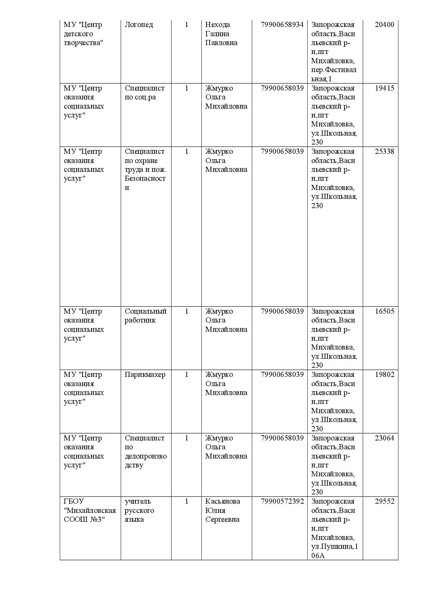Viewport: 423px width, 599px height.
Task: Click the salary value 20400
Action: click(384, 25)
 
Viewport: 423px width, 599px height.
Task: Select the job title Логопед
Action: click(139, 25)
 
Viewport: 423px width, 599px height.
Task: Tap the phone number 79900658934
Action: click(282, 25)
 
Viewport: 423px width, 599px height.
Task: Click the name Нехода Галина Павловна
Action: click(221, 34)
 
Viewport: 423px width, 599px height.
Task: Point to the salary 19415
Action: click(384, 88)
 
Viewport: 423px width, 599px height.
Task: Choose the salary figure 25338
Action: click(384, 151)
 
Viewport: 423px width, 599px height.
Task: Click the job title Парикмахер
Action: click(145, 375)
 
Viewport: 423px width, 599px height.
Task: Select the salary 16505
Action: click(384, 311)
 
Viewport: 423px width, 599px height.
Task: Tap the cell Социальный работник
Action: click(145, 316)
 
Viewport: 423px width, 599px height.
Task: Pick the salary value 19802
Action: click(384, 375)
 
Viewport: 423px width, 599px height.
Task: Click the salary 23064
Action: click(384, 438)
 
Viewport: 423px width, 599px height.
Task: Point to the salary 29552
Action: click(384, 501)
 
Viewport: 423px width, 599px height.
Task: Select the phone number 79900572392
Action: click(282, 501)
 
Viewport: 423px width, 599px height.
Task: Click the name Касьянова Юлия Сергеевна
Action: click(222, 510)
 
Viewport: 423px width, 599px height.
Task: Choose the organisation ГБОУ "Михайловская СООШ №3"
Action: click(89, 510)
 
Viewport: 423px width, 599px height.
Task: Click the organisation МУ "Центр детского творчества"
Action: click(83, 34)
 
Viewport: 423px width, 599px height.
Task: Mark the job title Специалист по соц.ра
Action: click(144, 93)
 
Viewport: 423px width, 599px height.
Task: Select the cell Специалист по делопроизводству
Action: click(145, 451)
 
